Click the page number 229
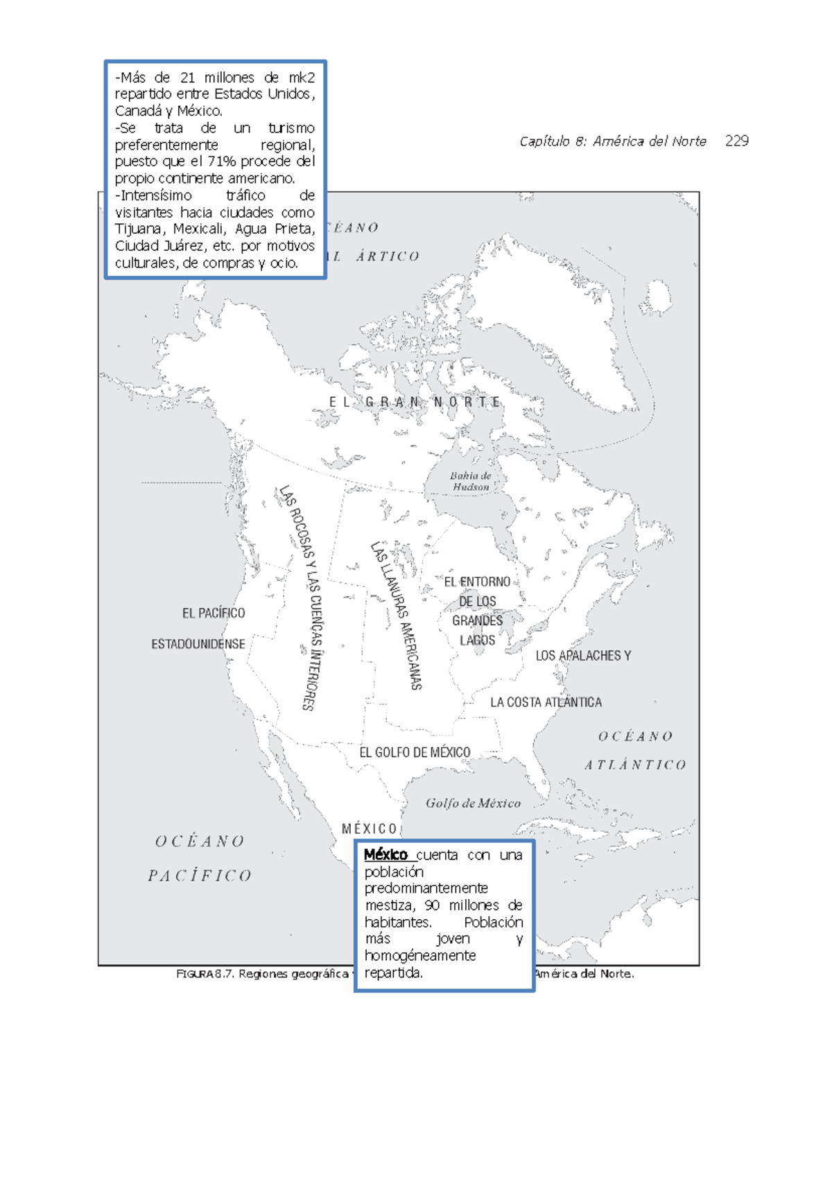click(x=736, y=141)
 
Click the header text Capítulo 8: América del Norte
click(x=612, y=141)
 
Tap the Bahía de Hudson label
click(x=470, y=481)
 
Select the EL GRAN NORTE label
click(x=415, y=402)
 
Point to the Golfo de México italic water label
click(x=473, y=803)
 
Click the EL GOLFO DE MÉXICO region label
click(x=415, y=752)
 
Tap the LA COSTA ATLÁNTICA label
click(x=546, y=702)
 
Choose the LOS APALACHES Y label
click(x=583, y=656)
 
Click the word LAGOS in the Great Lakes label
click(x=478, y=640)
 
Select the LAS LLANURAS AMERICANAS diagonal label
click(x=397, y=616)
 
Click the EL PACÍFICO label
click(x=214, y=613)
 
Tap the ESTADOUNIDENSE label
click(x=198, y=644)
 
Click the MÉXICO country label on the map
click(x=370, y=829)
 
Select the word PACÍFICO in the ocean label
click(x=200, y=876)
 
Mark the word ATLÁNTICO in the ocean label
click(x=635, y=765)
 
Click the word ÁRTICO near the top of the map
click(x=388, y=256)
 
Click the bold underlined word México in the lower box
click(x=385, y=855)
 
